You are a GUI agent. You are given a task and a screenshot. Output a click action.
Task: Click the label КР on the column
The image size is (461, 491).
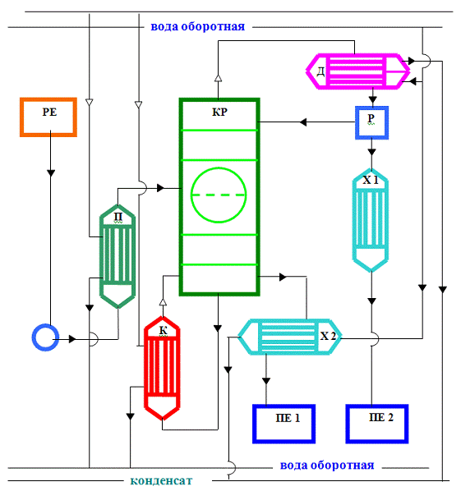[x=219, y=112]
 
